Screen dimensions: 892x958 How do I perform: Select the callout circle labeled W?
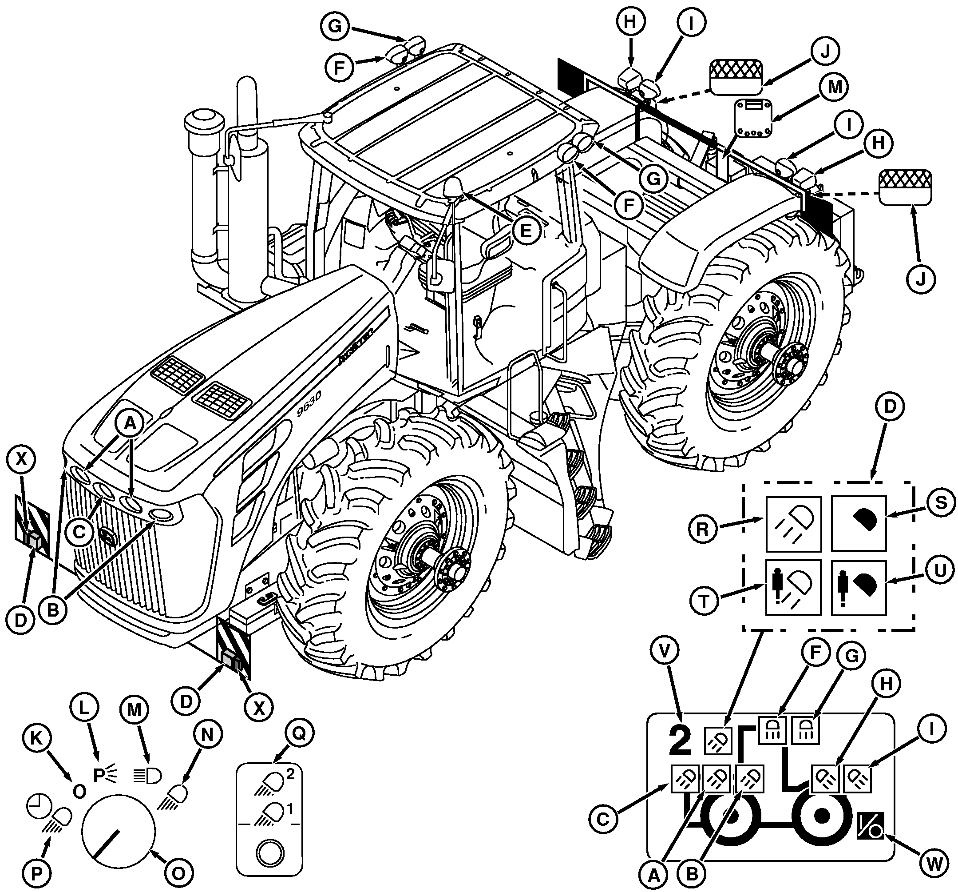click(x=934, y=864)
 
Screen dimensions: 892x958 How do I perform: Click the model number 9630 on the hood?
click(x=309, y=403)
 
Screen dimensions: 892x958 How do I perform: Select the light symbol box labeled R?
click(x=793, y=523)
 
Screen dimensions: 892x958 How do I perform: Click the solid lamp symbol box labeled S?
click(x=858, y=523)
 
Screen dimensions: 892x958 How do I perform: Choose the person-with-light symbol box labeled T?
click(x=793, y=587)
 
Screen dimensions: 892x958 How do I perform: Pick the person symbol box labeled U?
click(x=858, y=587)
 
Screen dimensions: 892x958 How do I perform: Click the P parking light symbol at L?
click(x=103, y=774)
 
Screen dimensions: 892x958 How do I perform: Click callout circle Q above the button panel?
click(x=299, y=733)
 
